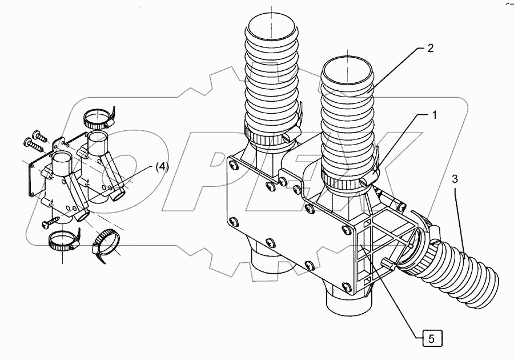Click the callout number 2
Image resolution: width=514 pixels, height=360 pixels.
[430, 49]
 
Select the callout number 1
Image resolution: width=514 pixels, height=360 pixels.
[433, 115]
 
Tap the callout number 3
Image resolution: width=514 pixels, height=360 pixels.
[455, 179]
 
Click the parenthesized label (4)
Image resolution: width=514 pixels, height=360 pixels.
[162, 167]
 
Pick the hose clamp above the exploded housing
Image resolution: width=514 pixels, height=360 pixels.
[98, 118]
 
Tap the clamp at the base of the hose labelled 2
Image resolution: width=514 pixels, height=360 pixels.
[345, 181]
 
